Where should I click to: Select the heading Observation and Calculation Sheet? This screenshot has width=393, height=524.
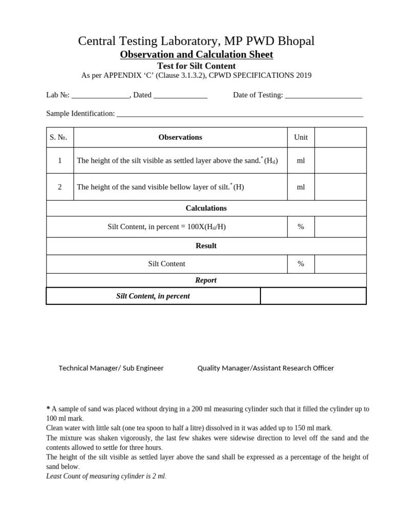(196, 54)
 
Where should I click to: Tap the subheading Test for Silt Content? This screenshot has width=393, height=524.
(196, 66)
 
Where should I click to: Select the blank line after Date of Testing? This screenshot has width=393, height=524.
(323, 95)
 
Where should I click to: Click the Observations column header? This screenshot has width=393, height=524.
(180, 137)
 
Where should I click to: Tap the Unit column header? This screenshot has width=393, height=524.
(301, 137)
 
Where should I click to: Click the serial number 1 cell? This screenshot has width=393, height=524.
(60, 160)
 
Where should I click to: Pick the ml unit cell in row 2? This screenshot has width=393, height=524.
(301, 187)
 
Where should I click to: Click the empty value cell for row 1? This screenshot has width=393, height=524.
(340, 160)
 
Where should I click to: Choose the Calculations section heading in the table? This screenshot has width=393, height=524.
(206, 208)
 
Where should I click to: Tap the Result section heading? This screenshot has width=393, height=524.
(206, 246)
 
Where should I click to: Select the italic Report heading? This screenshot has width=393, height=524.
(206, 280)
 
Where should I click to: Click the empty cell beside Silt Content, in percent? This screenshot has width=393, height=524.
(313, 296)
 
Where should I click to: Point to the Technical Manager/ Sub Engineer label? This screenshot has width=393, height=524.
(111, 368)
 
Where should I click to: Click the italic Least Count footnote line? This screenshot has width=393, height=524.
(106, 476)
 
